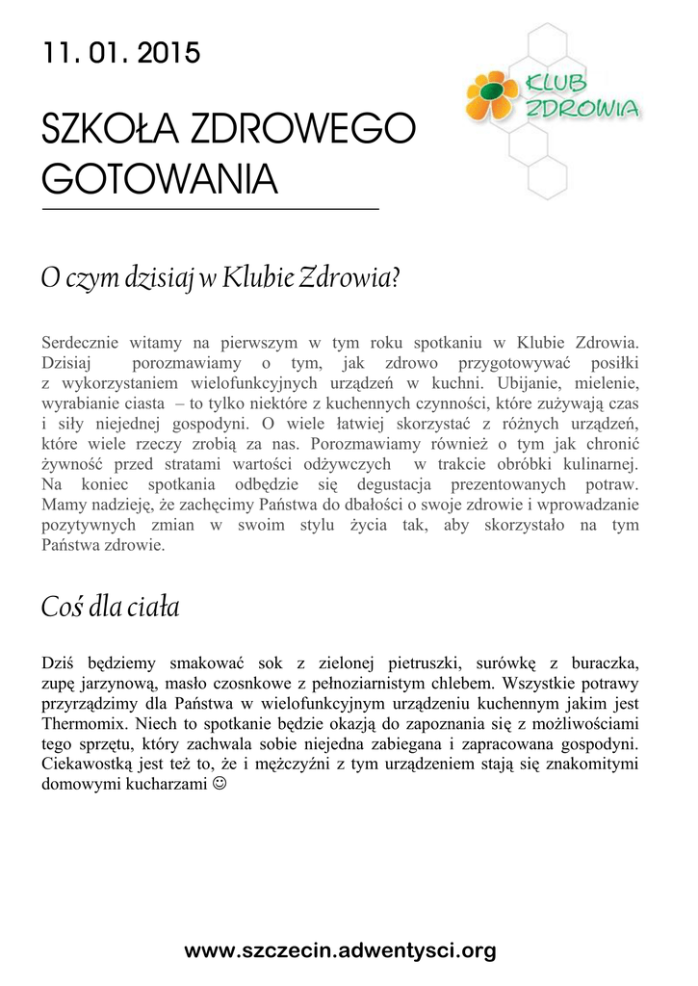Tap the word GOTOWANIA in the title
[x=160, y=179]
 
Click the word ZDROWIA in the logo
[x=582, y=110]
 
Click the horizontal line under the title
[x=211, y=209]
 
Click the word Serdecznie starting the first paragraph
[x=83, y=342]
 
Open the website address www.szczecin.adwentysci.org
[x=340, y=951]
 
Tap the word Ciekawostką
[x=90, y=764]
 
